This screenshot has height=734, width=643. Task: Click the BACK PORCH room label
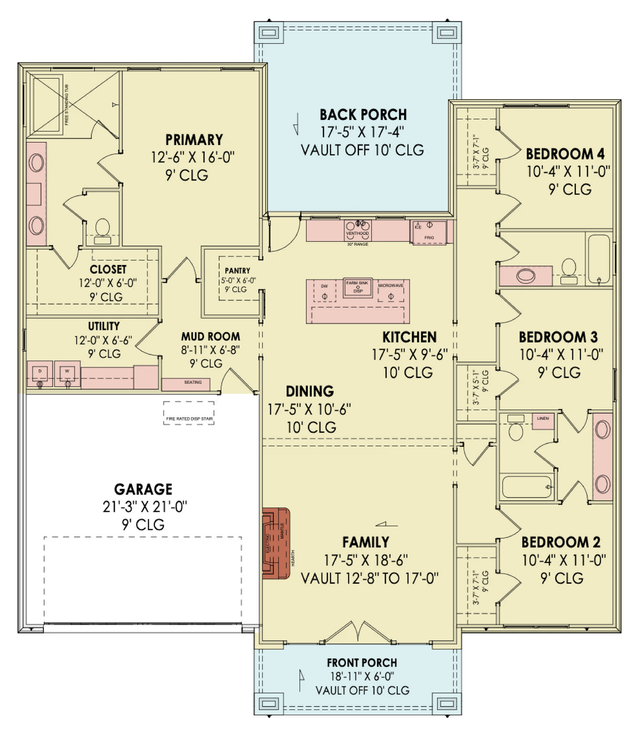[363, 115]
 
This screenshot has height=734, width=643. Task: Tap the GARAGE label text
[143, 489]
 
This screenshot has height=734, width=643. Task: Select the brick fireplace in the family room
[276, 543]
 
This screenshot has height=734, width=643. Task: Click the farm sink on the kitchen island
[357, 287]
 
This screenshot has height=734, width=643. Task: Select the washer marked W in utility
[68, 373]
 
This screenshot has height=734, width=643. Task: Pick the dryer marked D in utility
[40, 373]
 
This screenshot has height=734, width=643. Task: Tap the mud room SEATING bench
[193, 383]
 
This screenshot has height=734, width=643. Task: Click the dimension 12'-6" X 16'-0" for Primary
[193, 157]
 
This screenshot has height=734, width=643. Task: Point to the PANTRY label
[237, 271]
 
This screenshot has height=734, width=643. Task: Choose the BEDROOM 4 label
[565, 154]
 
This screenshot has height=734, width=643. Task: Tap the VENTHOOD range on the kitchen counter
[357, 230]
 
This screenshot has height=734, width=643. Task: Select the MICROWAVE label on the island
[391, 286]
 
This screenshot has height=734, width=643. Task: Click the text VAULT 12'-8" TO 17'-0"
[369, 578]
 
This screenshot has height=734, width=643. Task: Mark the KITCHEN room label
[409, 337]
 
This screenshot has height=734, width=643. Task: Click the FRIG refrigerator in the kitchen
[429, 233]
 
